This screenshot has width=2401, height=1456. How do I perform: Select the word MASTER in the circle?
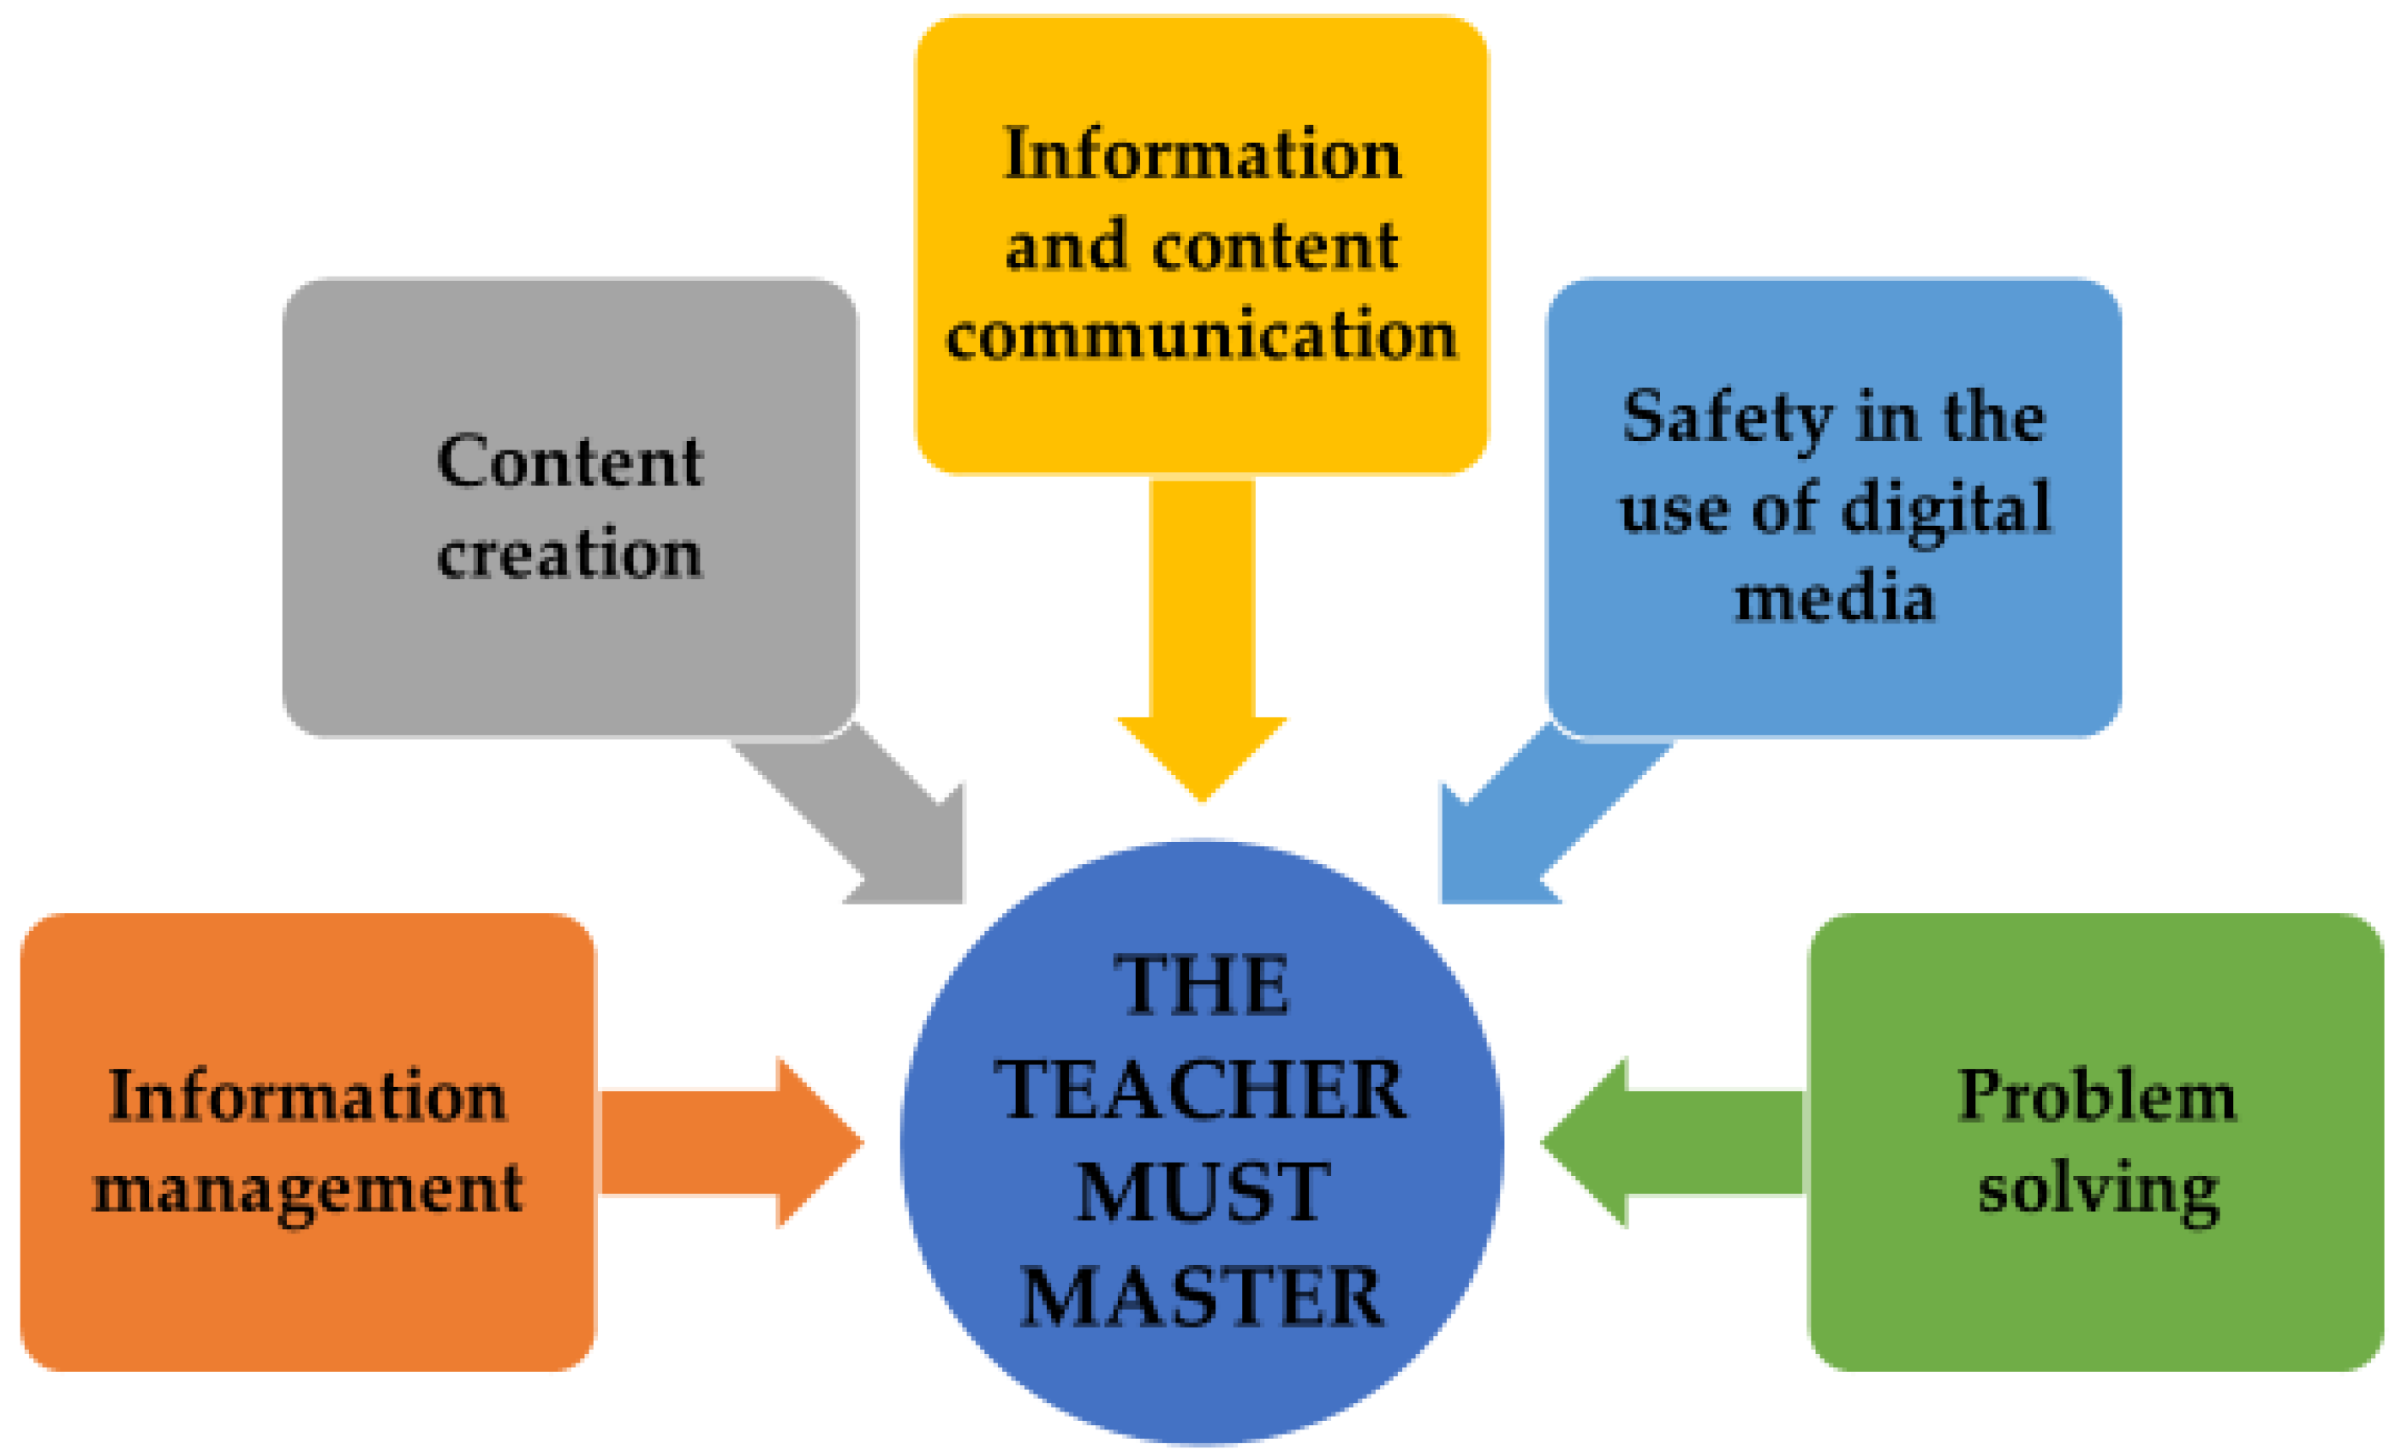pyautogui.click(x=1201, y=1296)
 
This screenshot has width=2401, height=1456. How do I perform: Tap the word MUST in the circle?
pyautogui.click(x=1203, y=1193)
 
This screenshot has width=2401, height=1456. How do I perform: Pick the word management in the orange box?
pyautogui.click(x=308, y=1189)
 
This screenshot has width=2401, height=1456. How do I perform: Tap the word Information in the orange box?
pyautogui.click(x=308, y=1095)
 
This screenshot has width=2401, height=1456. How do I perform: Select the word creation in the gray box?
pyautogui.click(x=569, y=553)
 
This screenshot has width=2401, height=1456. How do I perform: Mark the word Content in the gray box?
pyautogui.click(x=569, y=460)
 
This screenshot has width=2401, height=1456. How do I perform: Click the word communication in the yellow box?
pyautogui.click(x=1202, y=334)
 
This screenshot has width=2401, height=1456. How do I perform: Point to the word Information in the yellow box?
pyautogui.click(x=1202, y=154)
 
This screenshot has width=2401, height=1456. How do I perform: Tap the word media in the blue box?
pyautogui.click(x=1834, y=596)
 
